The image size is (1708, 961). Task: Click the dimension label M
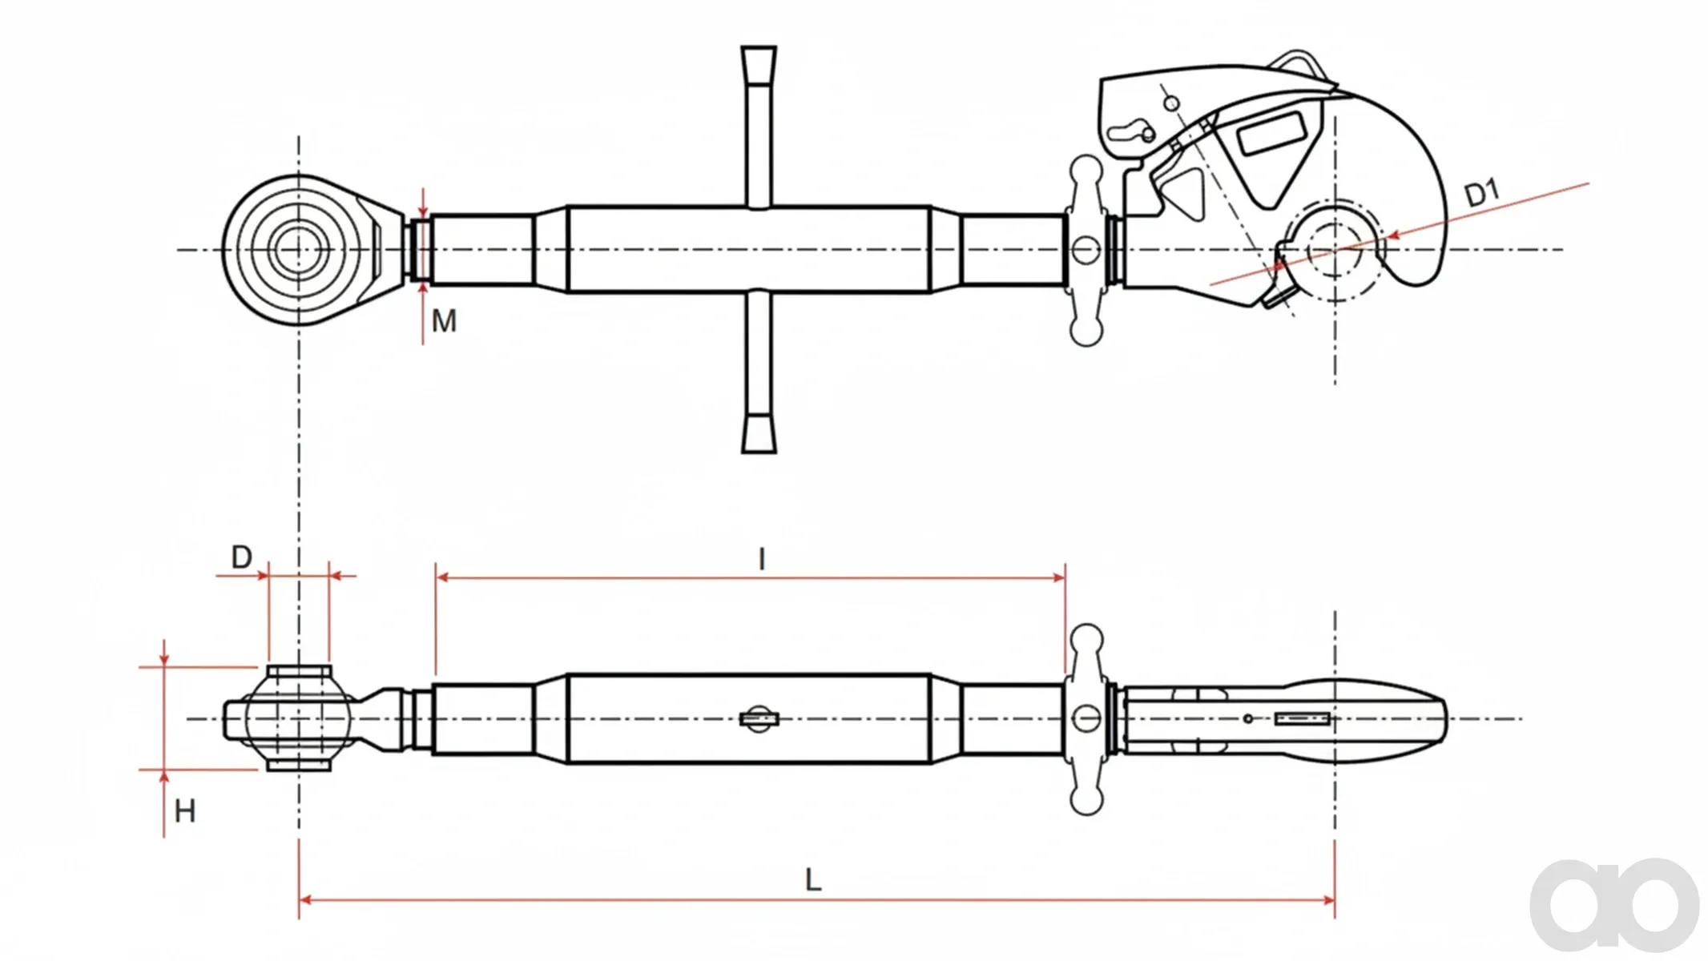tap(444, 321)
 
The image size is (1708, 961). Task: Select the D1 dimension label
tap(1482, 194)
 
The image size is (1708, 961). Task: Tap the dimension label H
tap(185, 811)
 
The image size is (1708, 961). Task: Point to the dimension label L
tap(813, 880)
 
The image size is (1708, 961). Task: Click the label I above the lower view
tap(762, 559)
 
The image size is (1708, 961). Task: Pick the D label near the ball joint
tap(242, 557)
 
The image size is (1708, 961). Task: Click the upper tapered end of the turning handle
tap(759, 64)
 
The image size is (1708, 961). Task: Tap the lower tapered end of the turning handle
tap(759, 434)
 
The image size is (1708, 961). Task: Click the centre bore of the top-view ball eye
tap(299, 250)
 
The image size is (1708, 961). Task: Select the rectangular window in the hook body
tap(1271, 134)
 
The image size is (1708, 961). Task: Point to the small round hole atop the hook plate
tap(1171, 103)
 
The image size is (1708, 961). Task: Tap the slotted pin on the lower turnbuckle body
tap(759, 719)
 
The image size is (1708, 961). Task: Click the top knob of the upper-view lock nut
tap(1086, 170)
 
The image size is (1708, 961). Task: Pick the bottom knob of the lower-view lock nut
tap(1086, 799)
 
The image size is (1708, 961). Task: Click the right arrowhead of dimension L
tap(1327, 900)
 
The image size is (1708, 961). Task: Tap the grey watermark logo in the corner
tap(1614, 905)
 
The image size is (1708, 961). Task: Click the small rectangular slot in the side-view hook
tap(1303, 719)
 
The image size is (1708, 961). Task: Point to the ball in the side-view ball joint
tap(298, 718)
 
